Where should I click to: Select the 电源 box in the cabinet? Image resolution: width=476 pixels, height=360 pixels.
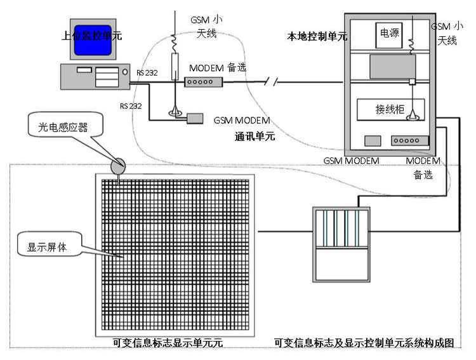389,33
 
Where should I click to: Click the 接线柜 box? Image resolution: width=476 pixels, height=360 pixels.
390,110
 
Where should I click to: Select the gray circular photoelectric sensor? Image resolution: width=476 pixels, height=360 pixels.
118,166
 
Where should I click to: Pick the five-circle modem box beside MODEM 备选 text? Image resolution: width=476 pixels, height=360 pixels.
204,82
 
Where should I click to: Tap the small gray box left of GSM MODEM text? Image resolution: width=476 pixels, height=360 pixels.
194,119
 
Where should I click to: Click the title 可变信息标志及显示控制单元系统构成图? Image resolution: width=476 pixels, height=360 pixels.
364,343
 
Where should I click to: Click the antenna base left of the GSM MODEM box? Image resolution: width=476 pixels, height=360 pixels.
175,115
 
